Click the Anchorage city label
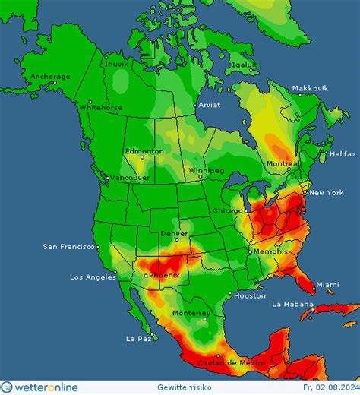click(x=50, y=76)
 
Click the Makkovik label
click(x=311, y=88)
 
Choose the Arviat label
click(x=209, y=106)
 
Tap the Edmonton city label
click(x=144, y=151)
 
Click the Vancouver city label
click(x=129, y=177)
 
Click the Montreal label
click(x=283, y=164)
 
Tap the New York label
click(x=325, y=193)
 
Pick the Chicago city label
click(x=228, y=210)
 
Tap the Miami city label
click(x=327, y=284)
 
